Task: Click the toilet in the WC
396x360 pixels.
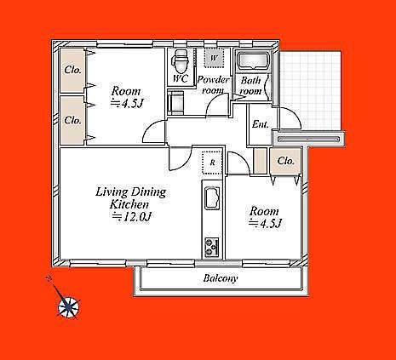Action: (x=181, y=61)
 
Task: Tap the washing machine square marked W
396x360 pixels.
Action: (x=215, y=58)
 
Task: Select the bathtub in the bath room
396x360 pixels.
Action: (x=254, y=60)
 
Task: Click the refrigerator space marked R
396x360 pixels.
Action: (x=212, y=163)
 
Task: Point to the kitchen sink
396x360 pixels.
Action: (x=212, y=198)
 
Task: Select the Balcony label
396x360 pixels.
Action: (x=221, y=278)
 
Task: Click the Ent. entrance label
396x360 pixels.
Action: (x=260, y=124)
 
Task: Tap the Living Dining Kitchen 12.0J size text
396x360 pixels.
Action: (x=131, y=217)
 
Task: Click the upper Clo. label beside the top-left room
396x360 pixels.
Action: (x=72, y=70)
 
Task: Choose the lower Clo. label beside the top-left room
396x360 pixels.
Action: (x=72, y=120)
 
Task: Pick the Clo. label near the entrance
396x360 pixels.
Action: (x=285, y=161)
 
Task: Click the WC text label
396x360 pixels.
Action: (x=181, y=78)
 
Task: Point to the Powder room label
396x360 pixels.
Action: (x=213, y=85)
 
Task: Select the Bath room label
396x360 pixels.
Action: (x=250, y=86)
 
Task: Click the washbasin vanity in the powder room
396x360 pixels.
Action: (x=175, y=102)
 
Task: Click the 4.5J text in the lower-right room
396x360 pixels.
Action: (x=265, y=224)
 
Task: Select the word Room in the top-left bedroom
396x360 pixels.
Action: (x=126, y=91)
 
